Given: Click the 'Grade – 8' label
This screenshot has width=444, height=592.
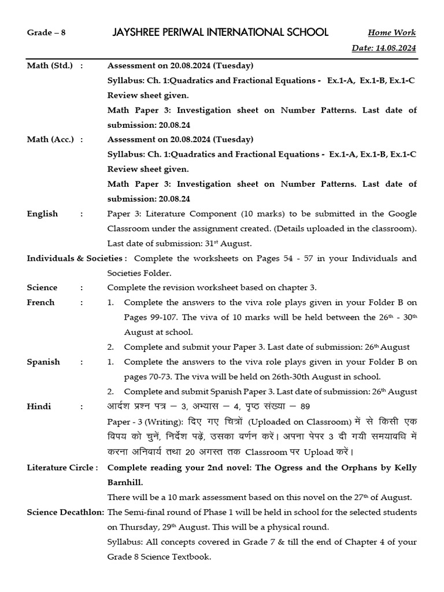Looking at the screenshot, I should [46, 32].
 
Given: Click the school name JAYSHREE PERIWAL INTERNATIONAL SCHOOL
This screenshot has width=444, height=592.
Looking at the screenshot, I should [220, 32].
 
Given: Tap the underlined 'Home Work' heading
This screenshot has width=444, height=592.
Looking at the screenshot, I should [391, 33].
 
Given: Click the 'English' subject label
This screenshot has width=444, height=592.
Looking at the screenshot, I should [42, 213].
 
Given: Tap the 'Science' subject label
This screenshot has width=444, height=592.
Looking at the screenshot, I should [42, 287].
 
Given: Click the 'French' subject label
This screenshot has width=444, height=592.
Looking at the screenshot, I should [40, 302].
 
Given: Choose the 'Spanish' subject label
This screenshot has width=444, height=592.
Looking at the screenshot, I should [43, 362].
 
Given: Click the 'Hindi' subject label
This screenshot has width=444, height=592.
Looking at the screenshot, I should [39, 406].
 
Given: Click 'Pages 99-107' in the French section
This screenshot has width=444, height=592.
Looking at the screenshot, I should [151, 317].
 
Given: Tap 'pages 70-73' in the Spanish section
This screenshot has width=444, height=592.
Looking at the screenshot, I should [147, 377].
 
